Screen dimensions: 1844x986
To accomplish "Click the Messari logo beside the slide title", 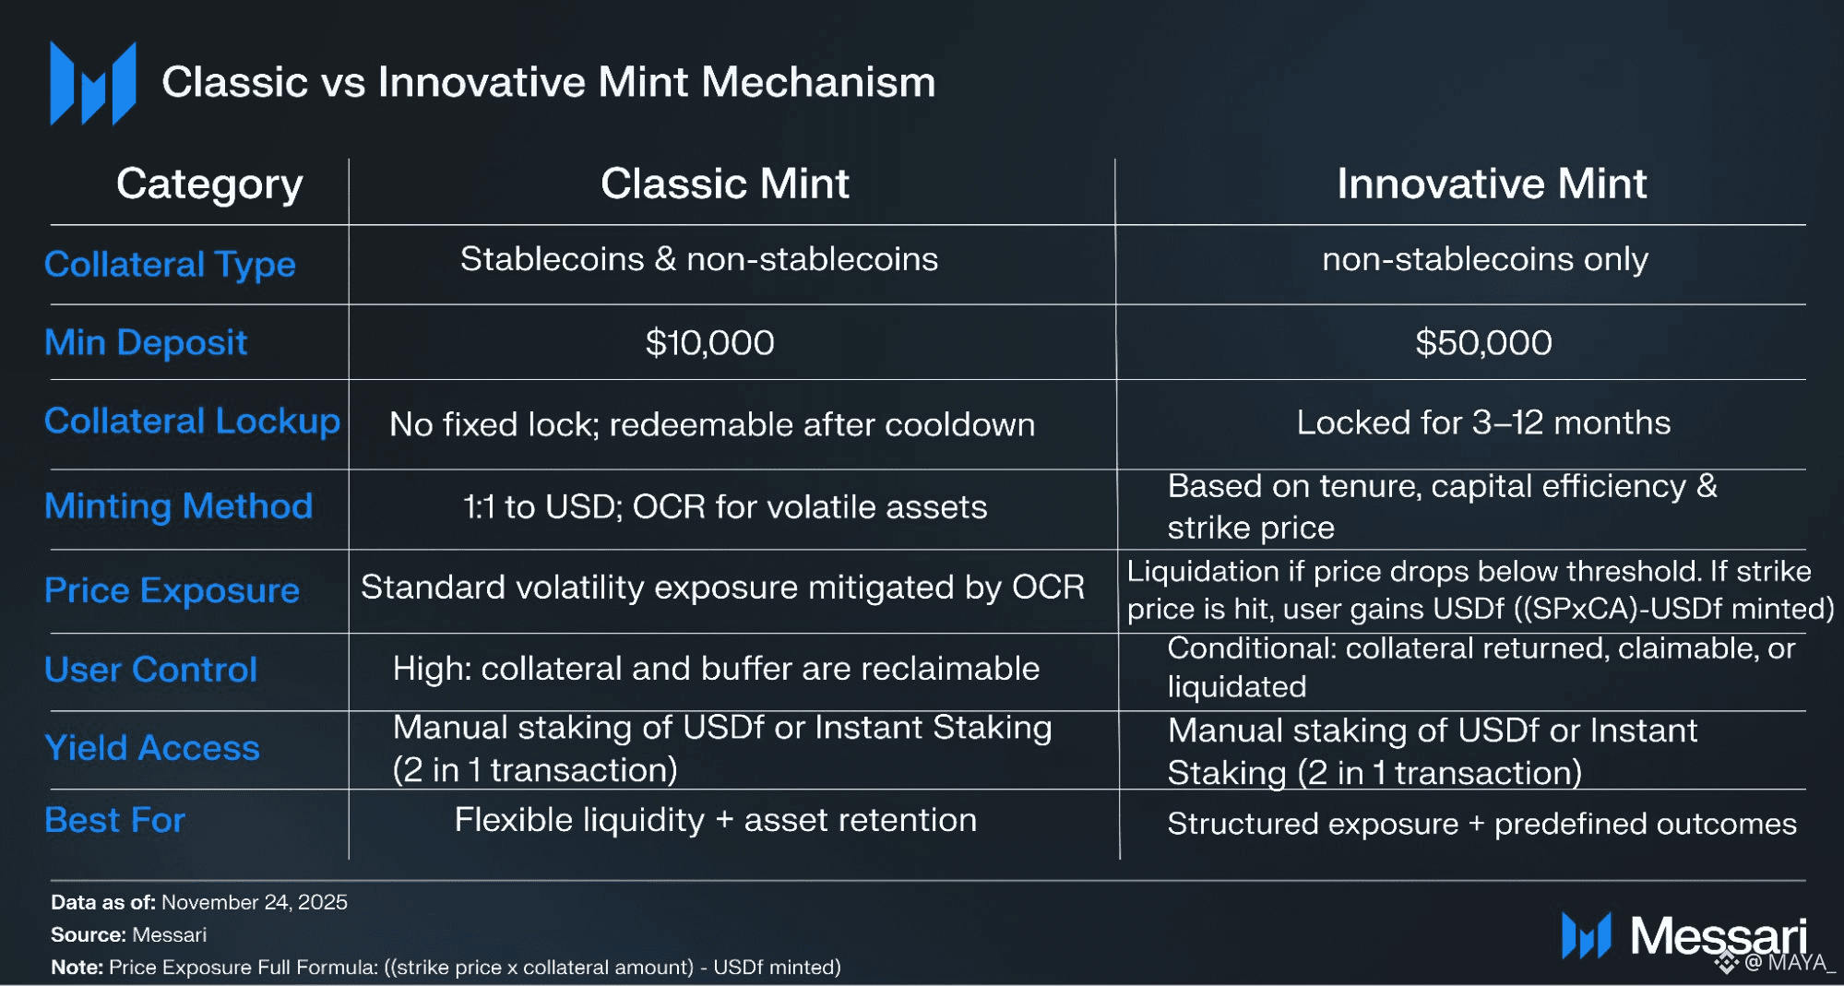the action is [93, 83].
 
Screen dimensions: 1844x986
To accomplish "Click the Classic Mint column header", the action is [725, 184].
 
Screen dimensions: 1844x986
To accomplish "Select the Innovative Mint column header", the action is [1492, 184].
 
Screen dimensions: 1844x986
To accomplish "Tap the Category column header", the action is [209, 184].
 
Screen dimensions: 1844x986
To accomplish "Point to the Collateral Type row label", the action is [170, 265].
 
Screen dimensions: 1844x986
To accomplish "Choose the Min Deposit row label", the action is [146, 343].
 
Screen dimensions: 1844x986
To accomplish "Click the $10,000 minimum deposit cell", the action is [709, 343].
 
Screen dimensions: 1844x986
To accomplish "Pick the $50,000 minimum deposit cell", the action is [1483, 343].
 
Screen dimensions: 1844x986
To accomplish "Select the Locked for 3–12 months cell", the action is [1483, 422].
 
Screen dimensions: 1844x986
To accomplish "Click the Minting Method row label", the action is [179, 506].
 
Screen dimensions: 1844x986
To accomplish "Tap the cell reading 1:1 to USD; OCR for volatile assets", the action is [725, 507].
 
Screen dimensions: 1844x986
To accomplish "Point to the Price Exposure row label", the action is [172, 590].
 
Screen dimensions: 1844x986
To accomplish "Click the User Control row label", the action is [150, 670].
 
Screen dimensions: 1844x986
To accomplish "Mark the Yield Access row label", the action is [152, 748].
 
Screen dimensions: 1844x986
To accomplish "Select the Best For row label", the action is [114, 820].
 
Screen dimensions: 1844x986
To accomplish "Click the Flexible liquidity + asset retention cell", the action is [715, 820].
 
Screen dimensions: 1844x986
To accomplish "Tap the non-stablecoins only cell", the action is [1485, 259].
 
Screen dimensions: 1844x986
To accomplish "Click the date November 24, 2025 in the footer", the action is [255, 902].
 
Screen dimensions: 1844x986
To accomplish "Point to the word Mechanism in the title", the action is [818, 82].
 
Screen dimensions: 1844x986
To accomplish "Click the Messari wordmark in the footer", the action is [1718, 936].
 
